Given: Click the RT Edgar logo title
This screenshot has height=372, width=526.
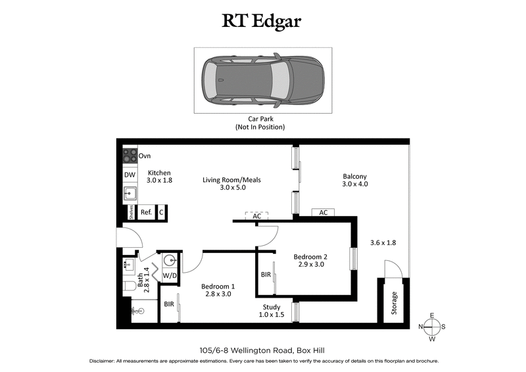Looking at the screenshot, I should (262, 22).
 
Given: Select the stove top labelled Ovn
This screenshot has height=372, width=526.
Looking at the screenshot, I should (130, 156).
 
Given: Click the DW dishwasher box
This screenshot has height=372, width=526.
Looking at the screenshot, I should (130, 175).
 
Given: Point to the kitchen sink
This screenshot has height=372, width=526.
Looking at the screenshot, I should (130, 194).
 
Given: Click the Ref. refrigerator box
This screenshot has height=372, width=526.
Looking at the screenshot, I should (146, 212).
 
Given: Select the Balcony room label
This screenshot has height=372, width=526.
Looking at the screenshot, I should (354, 179).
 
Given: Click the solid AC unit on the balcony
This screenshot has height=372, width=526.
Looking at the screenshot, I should (323, 212).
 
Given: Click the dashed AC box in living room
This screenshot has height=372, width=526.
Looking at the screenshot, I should (256, 216).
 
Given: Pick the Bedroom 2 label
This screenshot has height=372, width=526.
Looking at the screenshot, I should (310, 260).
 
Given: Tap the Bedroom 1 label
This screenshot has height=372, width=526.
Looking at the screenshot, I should (218, 291).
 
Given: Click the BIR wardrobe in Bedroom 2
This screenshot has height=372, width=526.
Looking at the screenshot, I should (266, 275).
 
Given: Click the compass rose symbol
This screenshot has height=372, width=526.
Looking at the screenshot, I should (431, 327).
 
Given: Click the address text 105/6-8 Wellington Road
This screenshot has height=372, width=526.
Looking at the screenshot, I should (262, 350).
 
